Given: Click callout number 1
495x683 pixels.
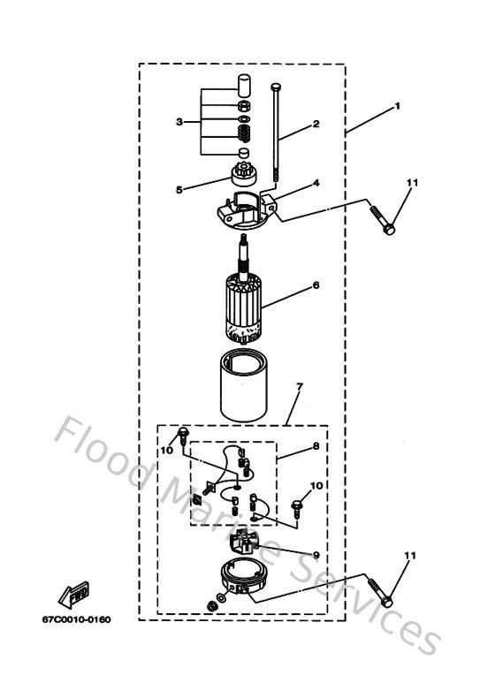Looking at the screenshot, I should [398, 106].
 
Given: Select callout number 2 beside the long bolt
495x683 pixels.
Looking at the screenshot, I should [315, 125].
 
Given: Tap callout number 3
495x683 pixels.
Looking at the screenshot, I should [179, 121].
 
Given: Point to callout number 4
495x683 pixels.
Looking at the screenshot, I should [315, 183].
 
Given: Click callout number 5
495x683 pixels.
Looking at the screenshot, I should [179, 188].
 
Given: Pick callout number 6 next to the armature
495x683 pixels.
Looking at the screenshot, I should [316, 285].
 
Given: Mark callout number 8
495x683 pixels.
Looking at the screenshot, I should [316, 447].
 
